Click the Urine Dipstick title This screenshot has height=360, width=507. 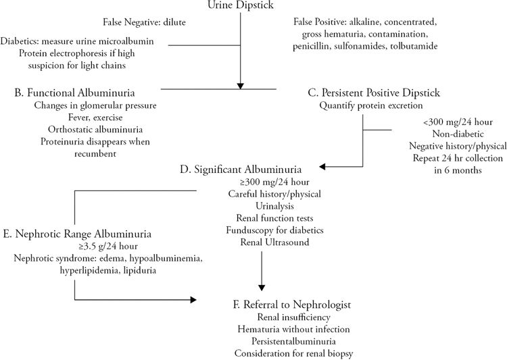[240, 6]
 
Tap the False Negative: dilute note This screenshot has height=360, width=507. [144, 23]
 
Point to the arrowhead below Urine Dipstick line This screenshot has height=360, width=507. [240, 85]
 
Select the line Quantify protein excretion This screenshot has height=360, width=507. [368, 105]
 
